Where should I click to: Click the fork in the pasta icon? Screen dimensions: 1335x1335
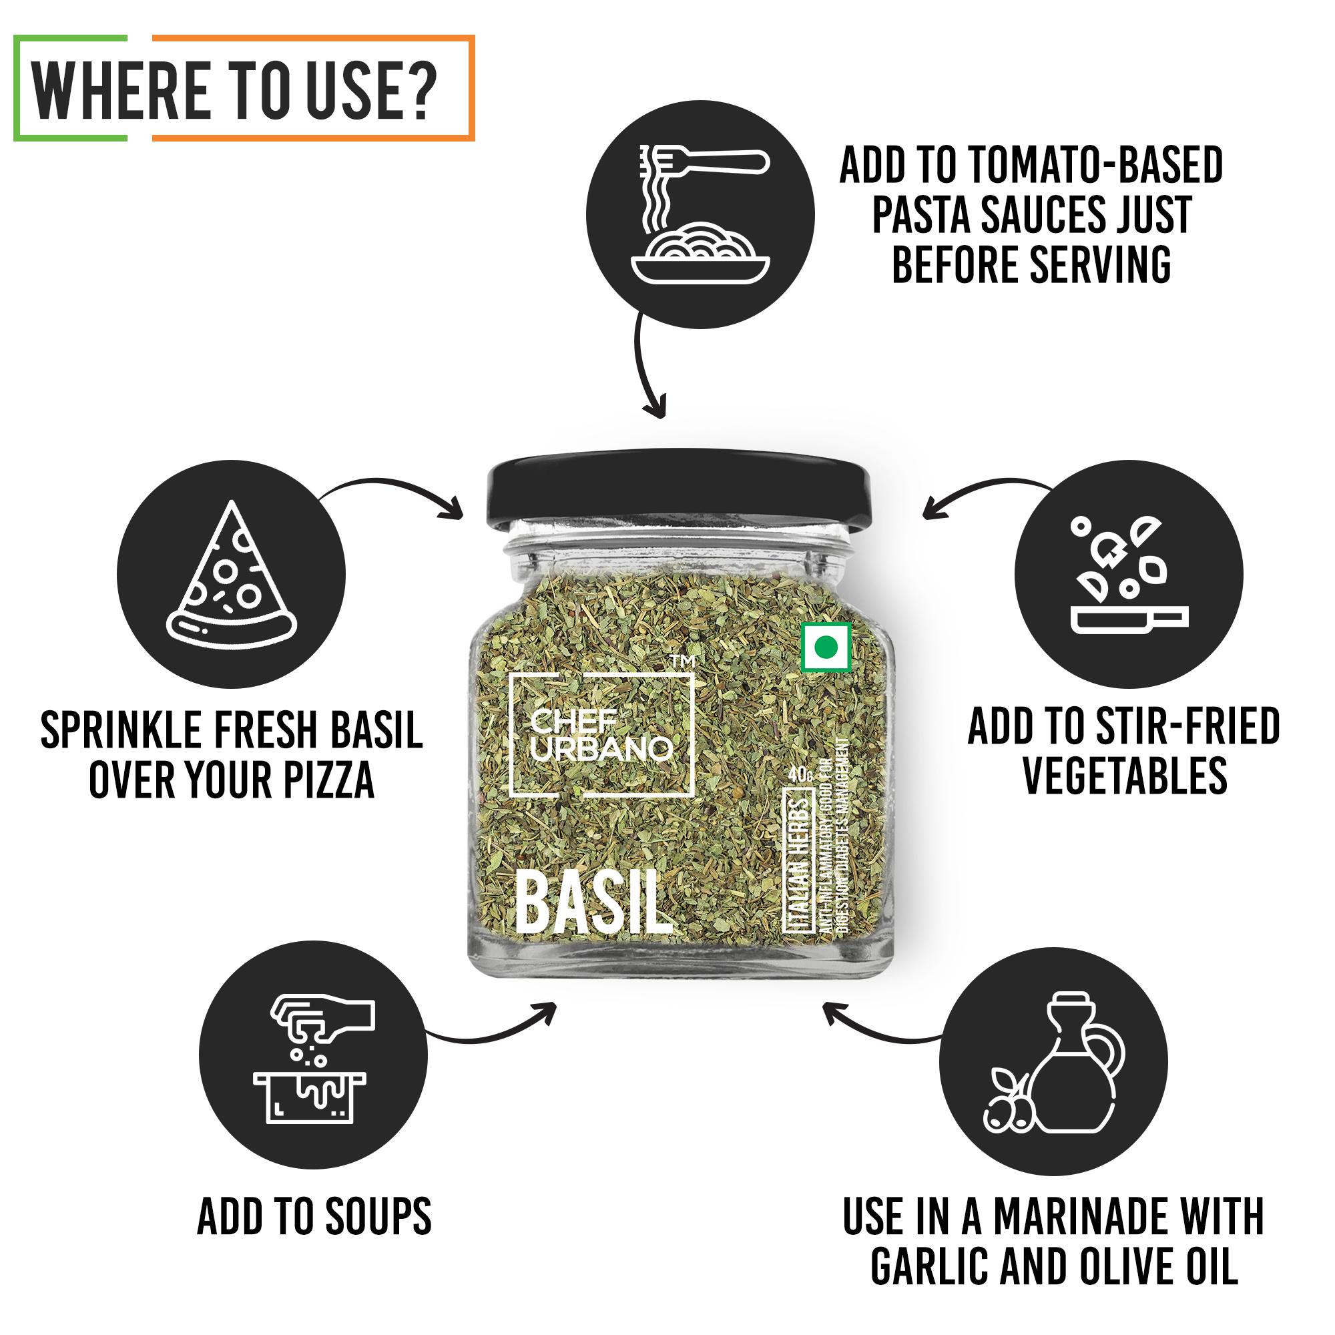pos(705,163)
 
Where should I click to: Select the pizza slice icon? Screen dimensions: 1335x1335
pos(232,577)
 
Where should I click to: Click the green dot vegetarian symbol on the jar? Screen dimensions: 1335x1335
pos(826,647)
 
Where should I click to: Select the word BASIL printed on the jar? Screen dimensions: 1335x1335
pos(594,904)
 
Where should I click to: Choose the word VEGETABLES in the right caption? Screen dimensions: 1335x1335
pos(1124,775)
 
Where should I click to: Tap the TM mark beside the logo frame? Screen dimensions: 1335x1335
pos(683,663)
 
